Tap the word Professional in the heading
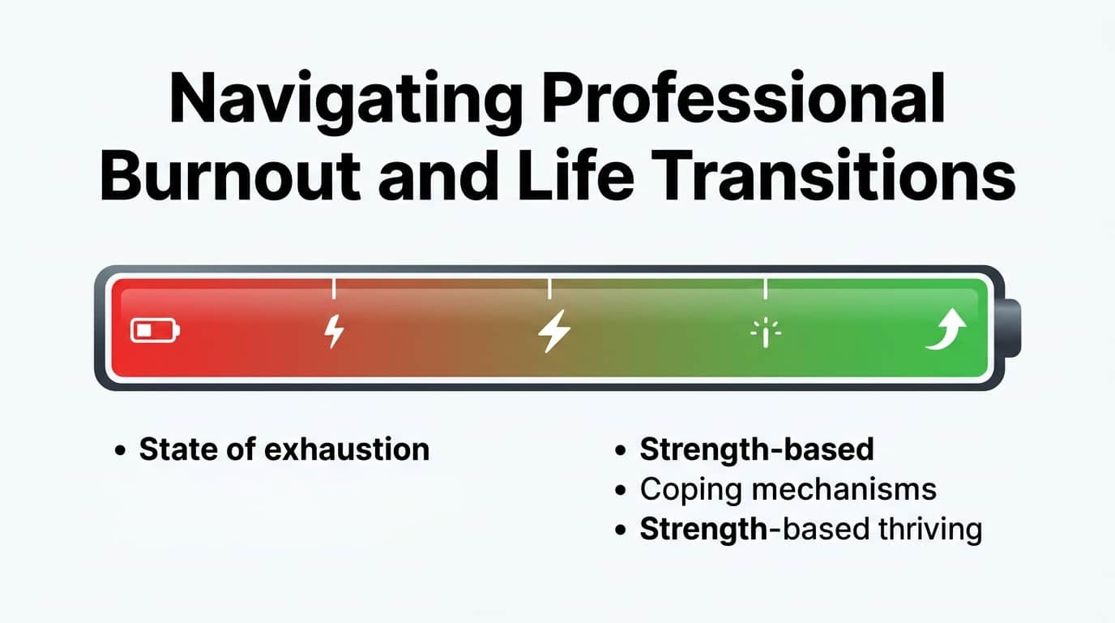tap(744, 97)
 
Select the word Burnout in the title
tap(230, 174)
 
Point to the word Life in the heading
tap(575, 174)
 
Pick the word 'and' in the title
tap(438, 174)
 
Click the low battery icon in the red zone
tap(155, 330)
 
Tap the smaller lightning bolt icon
tap(334, 331)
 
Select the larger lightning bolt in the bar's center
tap(554, 331)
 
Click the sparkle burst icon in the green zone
tap(766, 333)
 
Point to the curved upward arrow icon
tap(946, 329)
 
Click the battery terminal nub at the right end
tap(1010, 328)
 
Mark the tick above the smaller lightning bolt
tap(334, 289)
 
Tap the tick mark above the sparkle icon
tap(765, 289)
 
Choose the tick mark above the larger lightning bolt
tap(549, 289)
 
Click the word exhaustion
tap(347, 449)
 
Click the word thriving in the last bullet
tap(930, 530)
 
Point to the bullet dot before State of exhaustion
tap(120, 450)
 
